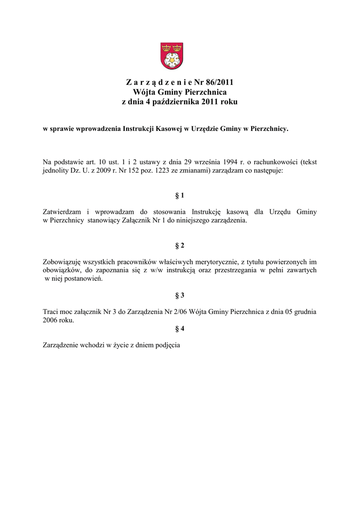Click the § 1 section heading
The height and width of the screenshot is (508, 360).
[180, 196]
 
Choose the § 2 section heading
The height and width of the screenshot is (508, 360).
[180, 246]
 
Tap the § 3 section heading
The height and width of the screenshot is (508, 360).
[180, 296]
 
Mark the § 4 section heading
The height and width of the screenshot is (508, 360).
[180, 328]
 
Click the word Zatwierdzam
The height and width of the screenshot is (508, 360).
[62, 212]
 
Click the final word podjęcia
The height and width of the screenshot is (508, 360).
[166, 345]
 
